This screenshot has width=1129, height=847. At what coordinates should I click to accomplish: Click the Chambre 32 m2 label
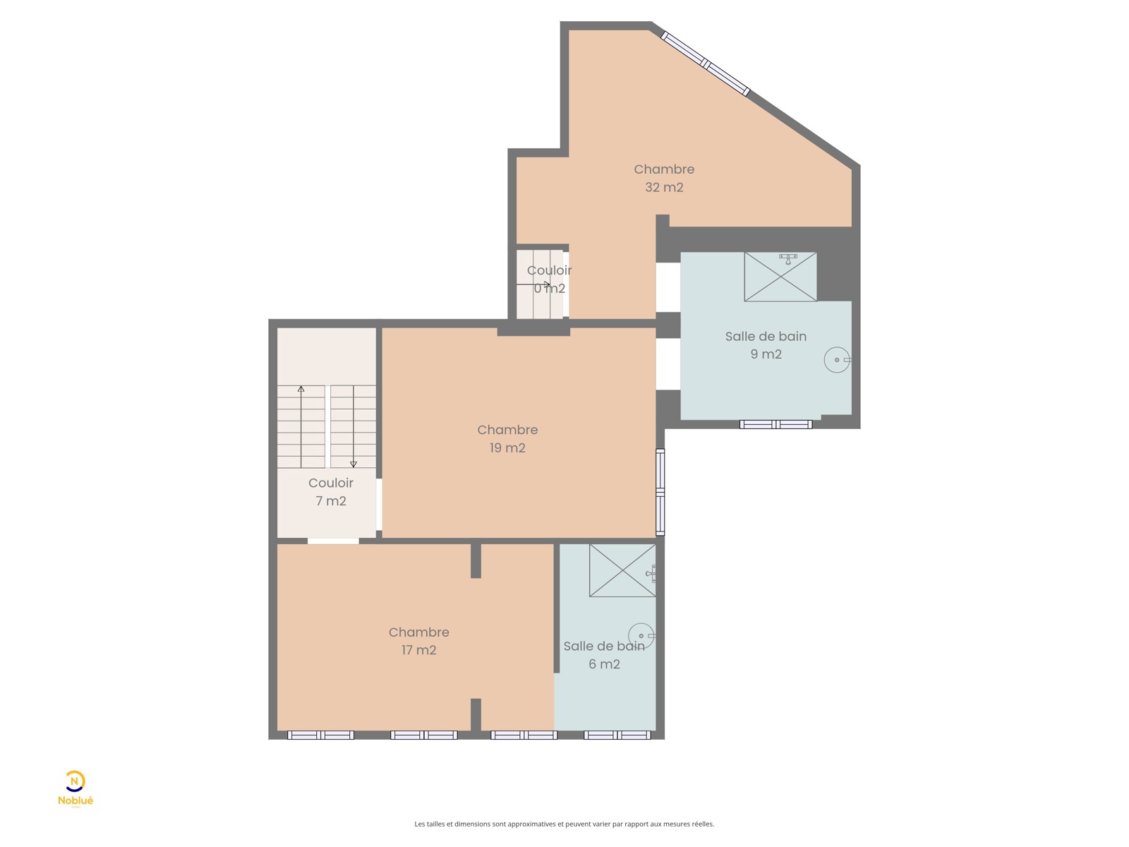[663, 178]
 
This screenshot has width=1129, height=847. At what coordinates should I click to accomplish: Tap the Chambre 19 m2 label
[507, 438]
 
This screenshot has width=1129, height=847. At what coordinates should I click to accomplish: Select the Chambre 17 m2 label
[418, 641]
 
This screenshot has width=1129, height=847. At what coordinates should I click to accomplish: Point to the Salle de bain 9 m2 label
[766, 345]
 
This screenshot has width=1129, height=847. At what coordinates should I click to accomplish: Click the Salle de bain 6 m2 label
[604, 655]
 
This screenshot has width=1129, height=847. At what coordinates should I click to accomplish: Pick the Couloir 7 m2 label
[331, 492]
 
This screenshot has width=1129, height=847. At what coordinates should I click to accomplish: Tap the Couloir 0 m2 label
[549, 280]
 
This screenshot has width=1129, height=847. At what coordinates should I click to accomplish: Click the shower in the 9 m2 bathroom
[780, 277]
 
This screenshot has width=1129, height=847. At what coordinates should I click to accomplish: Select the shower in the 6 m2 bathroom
[622, 570]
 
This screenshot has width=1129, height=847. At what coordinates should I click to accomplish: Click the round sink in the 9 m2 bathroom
[837, 359]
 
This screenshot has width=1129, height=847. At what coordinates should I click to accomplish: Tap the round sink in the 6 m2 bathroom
[641, 636]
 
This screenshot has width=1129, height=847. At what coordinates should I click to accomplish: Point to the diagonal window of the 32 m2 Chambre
[705, 64]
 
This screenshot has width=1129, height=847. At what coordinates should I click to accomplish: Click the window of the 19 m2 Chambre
[660, 492]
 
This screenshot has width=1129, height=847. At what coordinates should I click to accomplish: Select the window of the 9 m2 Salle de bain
[775, 424]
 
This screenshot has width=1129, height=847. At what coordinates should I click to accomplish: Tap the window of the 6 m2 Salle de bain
[617, 735]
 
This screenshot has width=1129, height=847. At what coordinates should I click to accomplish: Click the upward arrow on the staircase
[301, 427]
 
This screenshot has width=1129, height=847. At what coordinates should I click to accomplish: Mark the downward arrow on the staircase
[354, 427]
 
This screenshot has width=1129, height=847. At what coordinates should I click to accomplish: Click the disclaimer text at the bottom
[564, 824]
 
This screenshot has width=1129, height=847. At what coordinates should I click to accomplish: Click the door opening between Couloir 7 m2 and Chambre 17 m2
[333, 541]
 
